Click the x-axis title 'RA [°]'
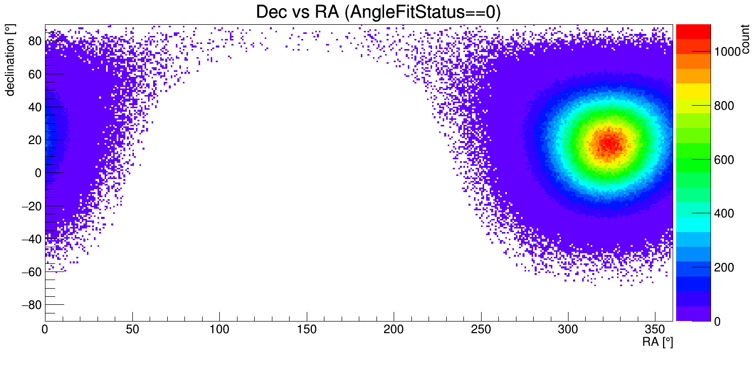pos(657,342)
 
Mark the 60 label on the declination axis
pos(35,74)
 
